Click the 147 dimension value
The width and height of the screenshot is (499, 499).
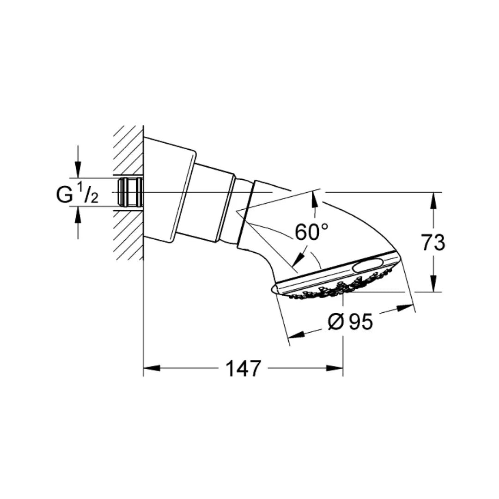[243, 369]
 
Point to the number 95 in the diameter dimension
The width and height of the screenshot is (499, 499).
[360, 322]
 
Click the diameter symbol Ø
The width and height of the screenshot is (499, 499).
[336, 322]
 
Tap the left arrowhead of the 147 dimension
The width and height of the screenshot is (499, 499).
[152, 368]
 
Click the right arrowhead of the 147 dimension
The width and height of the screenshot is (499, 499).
[335, 368]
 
